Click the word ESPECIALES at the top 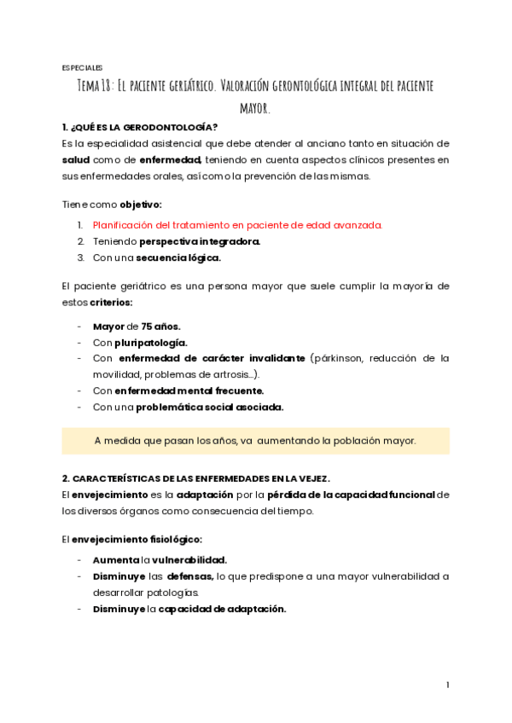pos(82,67)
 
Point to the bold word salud pos(76,159)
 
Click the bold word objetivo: pos(140,205)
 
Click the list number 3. pos(80,257)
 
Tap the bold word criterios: pos(111,302)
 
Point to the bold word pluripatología pos(150,343)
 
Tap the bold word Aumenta pos(115,560)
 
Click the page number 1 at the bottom pos(447,685)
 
